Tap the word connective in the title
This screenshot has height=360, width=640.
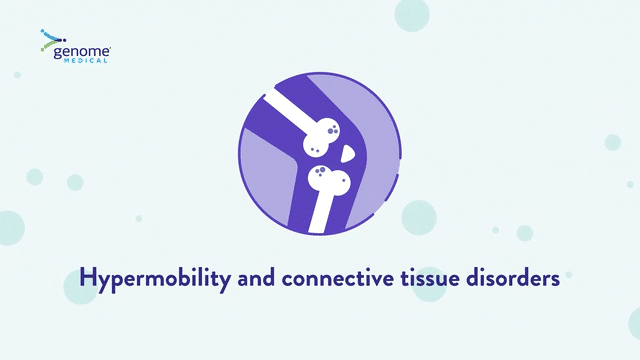point(338,278)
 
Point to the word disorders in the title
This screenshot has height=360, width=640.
point(513,278)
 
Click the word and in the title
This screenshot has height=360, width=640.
point(256,278)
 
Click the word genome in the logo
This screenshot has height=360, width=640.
point(82,52)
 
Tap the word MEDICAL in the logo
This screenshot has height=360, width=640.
point(85,61)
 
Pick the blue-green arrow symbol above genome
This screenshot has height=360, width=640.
point(52,40)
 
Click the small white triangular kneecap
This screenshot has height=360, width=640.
point(347,153)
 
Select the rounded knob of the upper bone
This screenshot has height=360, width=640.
point(321,137)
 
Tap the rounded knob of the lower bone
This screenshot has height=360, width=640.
point(329,180)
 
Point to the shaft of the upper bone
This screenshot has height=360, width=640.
point(289,107)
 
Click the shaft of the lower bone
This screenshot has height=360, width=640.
point(321,213)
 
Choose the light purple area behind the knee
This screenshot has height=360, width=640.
point(266,176)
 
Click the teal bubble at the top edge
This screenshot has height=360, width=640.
point(412,14)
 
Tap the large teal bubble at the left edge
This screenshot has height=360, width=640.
point(10,228)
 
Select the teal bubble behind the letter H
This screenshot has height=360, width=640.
point(80,287)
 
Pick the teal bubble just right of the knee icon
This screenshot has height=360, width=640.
point(419,218)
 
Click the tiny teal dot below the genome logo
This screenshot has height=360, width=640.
point(17,75)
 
